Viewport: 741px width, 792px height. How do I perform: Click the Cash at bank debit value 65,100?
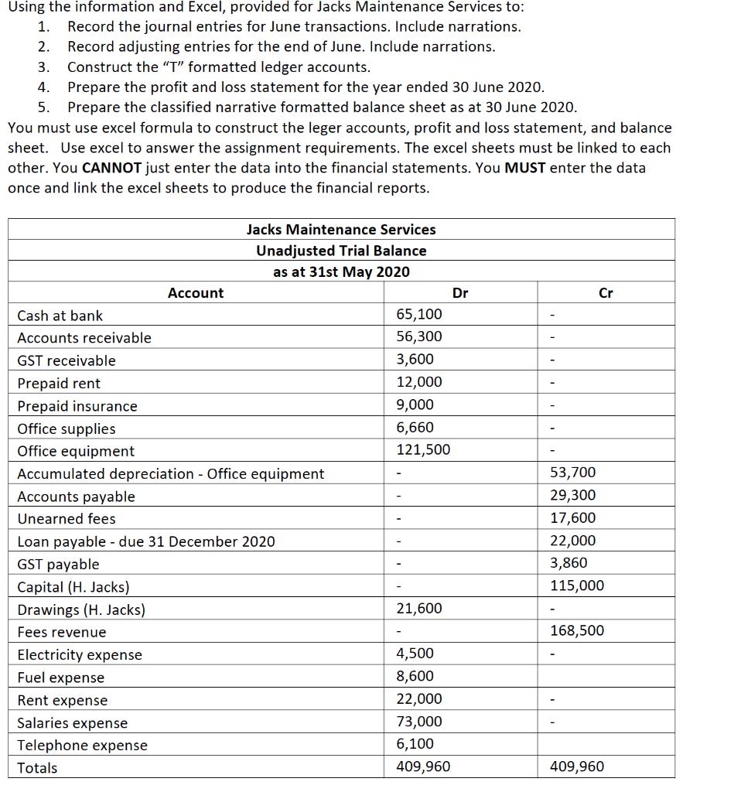419,314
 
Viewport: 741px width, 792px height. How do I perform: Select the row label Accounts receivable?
84,337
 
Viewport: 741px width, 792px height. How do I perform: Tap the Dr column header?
459,292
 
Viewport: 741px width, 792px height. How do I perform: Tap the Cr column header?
606,292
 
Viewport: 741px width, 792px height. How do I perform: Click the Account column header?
195,292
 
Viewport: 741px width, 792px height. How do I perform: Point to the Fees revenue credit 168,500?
577,630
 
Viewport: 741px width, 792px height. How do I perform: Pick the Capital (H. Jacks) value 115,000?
577,585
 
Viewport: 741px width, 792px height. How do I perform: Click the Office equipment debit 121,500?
423,449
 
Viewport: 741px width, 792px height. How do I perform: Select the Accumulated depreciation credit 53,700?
573,472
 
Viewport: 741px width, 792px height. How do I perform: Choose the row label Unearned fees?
67,518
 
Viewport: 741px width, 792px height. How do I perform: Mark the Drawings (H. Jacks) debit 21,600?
419,608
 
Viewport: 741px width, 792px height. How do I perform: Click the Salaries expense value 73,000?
419,722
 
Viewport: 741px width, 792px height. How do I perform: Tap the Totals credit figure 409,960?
577,766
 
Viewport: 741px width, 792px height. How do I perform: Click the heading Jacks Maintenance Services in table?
341,230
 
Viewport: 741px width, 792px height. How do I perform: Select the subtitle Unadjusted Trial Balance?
341,251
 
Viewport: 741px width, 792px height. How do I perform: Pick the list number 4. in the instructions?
44,87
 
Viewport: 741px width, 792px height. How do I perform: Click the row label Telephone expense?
82,745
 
